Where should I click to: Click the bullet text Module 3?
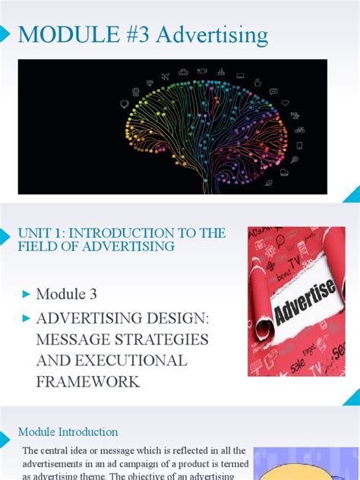[67, 293]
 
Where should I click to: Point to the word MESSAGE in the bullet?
[71, 338]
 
